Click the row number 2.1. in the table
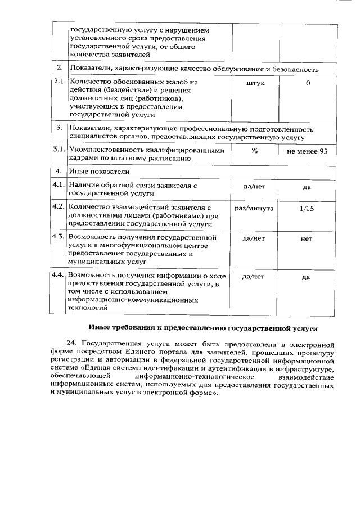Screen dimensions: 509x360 pos(59,82)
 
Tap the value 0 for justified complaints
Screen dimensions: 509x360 pos(308,83)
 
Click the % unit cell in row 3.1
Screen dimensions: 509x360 pos(254,150)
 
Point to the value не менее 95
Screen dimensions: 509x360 pos(307,150)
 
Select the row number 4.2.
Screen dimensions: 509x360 pos(59,208)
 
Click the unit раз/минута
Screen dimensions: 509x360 pos(254,208)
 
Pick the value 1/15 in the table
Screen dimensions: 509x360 pos(307,208)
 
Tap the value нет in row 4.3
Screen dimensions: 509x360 pos(307,238)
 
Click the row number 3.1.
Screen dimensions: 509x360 pos(59,150)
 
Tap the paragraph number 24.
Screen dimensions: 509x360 pos(71,343)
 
